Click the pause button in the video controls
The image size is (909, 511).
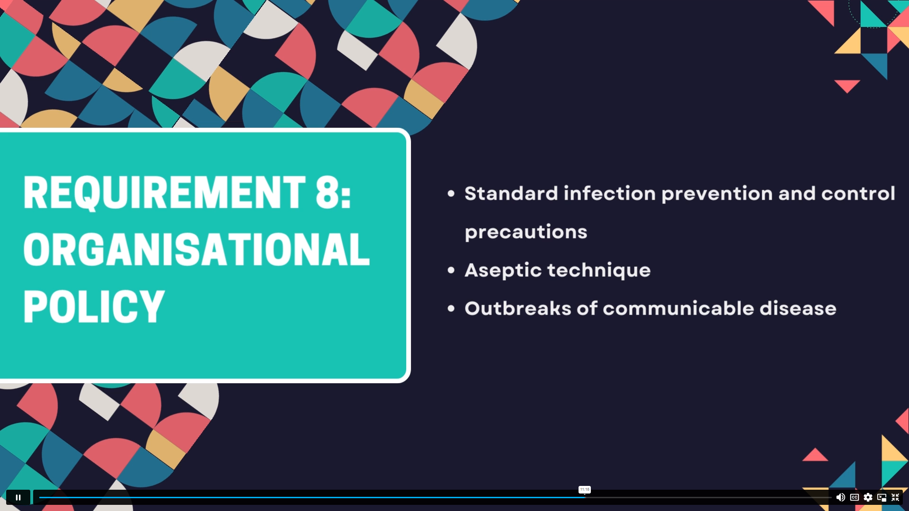pyautogui.click(x=18, y=497)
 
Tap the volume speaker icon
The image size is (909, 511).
pyautogui.click(x=840, y=497)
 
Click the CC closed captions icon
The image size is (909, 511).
pyautogui.click(x=855, y=497)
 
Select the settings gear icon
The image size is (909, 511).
pyautogui.click(x=868, y=497)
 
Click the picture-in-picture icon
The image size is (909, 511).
pyautogui.click(x=882, y=497)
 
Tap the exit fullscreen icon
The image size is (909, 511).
pyautogui.click(x=895, y=497)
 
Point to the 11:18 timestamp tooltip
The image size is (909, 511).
pyautogui.click(x=585, y=490)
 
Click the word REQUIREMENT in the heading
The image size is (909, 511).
pyautogui.click(x=164, y=193)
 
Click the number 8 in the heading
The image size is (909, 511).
pyautogui.click(x=328, y=193)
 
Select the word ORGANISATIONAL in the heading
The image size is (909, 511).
pyautogui.click(x=196, y=249)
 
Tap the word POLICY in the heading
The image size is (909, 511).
pyautogui.click(x=94, y=307)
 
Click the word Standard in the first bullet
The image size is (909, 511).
pyautogui.click(x=511, y=194)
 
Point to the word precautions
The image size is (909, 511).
pyautogui.click(x=526, y=232)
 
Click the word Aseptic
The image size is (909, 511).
pyautogui.click(x=503, y=271)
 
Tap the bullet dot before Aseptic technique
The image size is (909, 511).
pyautogui.click(x=451, y=270)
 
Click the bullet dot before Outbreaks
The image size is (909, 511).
pyautogui.click(x=451, y=308)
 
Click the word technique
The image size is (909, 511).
pyautogui.click(x=599, y=271)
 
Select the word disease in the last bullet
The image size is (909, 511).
pyautogui.click(x=798, y=308)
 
